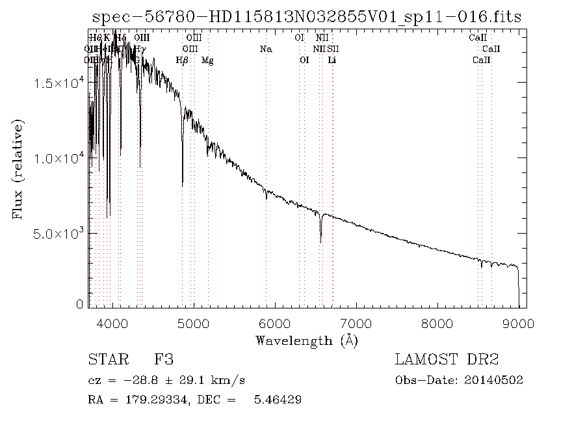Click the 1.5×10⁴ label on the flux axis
[x=62, y=83]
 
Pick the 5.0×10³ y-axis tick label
[x=62, y=233]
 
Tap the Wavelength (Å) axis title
[x=307, y=340]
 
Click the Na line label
[x=265, y=49]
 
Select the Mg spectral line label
[x=207, y=61]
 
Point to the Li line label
[x=332, y=61]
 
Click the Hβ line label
[x=182, y=61]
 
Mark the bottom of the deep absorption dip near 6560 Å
[x=320, y=242]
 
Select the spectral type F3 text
[x=163, y=360]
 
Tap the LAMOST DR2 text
[x=446, y=360]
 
